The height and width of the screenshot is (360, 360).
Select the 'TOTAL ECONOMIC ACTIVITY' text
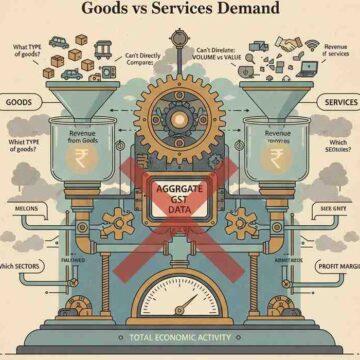pos(180,338)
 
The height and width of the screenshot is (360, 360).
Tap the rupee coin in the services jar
pos(279,160)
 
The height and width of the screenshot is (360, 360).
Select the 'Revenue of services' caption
pos(335,51)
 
